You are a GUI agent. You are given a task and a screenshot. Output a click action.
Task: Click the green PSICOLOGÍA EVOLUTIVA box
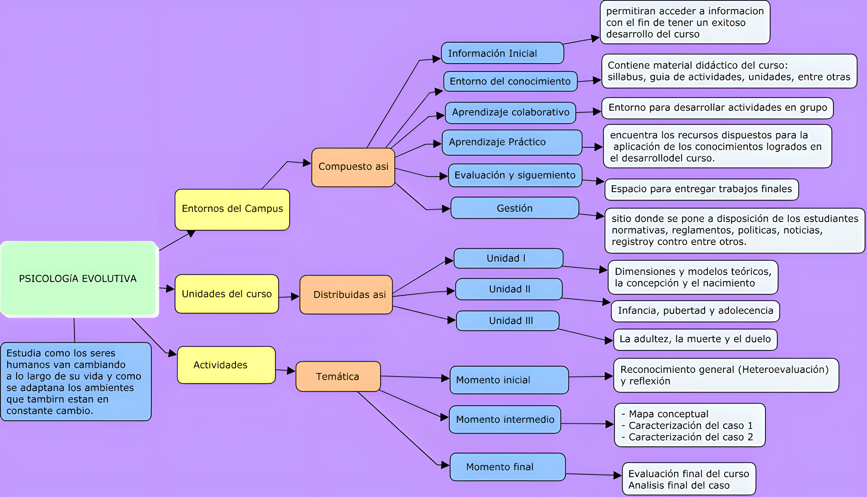click(x=79, y=279)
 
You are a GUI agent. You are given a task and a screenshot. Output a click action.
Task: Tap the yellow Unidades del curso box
click(x=227, y=294)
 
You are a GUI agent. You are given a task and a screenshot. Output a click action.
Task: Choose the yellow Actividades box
click(x=226, y=365)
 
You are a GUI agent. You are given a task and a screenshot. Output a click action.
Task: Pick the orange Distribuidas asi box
click(x=346, y=295)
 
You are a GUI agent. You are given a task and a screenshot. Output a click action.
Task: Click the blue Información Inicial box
click(x=502, y=53)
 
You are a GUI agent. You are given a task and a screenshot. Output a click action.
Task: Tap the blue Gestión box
click(x=514, y=208)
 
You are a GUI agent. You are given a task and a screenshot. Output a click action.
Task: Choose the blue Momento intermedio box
click(x=505, y=420)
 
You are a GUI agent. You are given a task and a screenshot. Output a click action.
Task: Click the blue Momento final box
click(x=507, y=467)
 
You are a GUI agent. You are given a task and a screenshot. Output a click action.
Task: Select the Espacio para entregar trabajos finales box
click(x=701, y=189)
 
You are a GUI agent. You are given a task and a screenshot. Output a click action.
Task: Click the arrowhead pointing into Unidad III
click(x=451, y=320)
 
